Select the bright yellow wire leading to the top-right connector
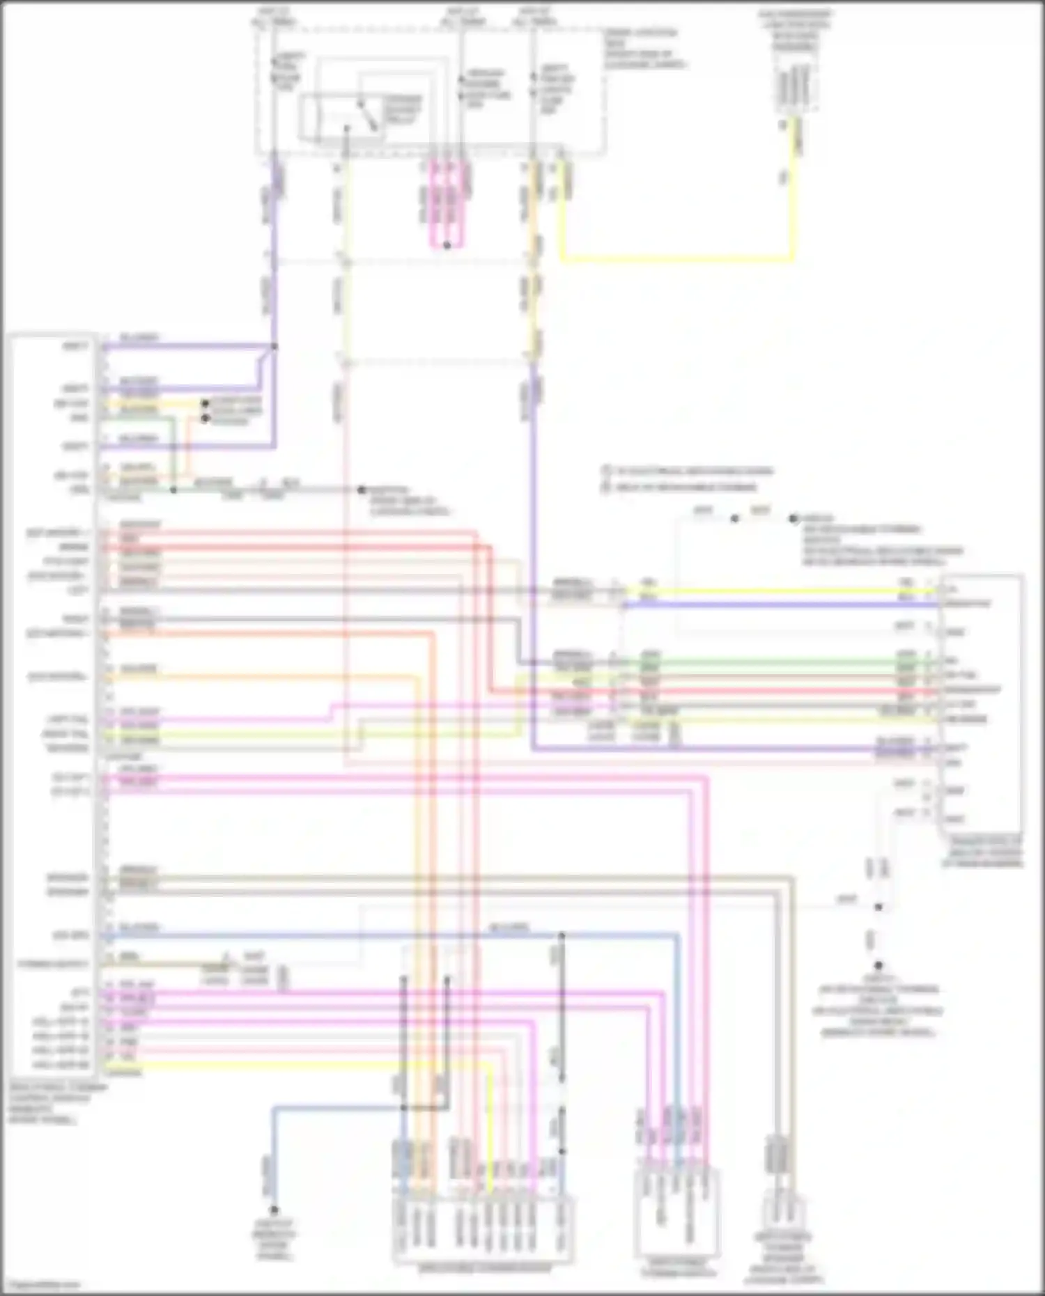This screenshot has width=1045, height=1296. click(x=676, y=260)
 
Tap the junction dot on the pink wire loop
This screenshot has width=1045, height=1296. click(x=447, y=245)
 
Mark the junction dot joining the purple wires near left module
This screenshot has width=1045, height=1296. click(x=274, y=346)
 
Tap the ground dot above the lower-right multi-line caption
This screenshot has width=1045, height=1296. click(x=878, y=966)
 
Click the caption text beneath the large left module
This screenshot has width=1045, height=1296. click(x=56, y=1104)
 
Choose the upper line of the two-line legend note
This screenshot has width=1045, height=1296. click(x=690, y=471)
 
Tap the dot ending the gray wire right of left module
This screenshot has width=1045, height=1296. click(x=362, y=490)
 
